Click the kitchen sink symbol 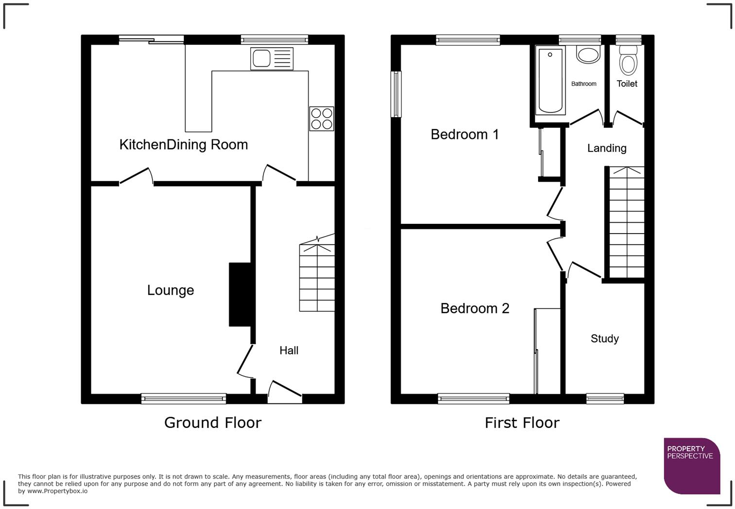[x=272, y=59]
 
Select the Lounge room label [x=171, y=290]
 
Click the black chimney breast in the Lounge [x=240, y=294]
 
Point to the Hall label [x=289, y=351]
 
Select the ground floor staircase [x=317, y=277]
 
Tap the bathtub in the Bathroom [x=550, y=81]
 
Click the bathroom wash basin [x=588, y=54]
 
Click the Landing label [x=607, y=148]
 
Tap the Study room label [x=605, y=339]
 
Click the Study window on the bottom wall [x=605, y=399]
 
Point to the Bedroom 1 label [x=465, y=135]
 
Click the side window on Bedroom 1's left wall [x=396, y=94]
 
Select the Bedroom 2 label [x=475, y=308]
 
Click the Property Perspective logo [x=691, y=466]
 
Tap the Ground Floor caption [x=213, y=423]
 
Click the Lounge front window [x=183, y=399]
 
